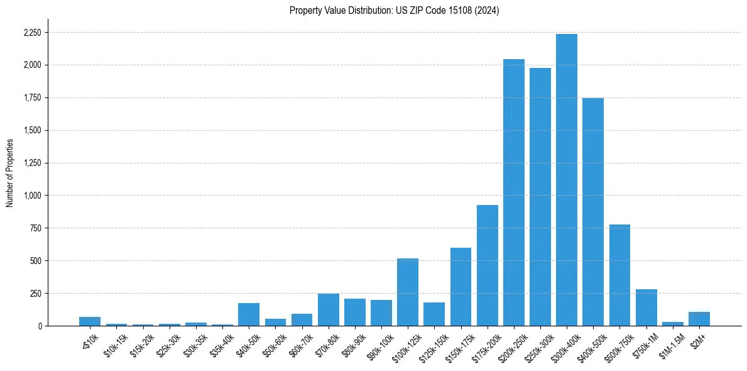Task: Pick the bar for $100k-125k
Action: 408,292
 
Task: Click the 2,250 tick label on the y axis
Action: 32,33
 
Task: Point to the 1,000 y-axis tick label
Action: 32,196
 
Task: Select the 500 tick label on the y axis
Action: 36,261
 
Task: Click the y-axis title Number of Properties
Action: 9,173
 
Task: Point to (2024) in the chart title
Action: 488,11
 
